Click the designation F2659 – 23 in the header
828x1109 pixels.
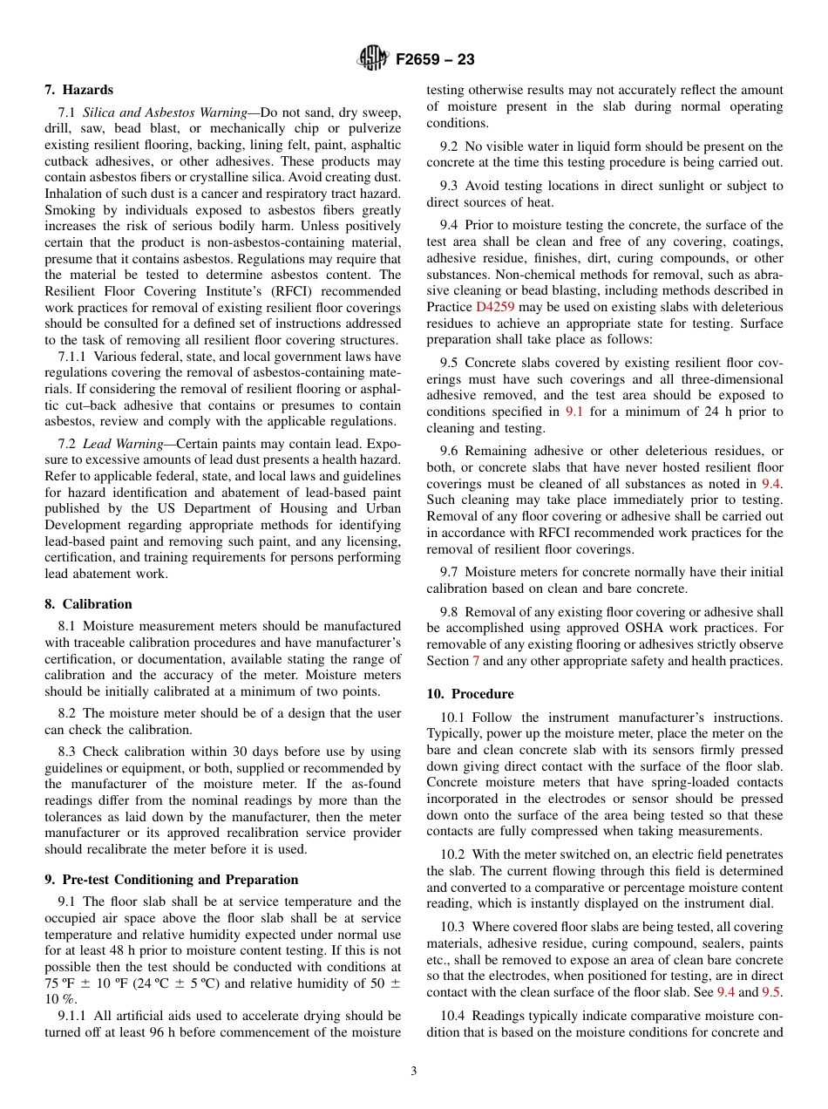[435, 60]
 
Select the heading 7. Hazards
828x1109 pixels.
[78, 90]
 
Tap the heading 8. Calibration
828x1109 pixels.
[88, 604]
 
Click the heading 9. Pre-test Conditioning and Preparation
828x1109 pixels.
[171, 880]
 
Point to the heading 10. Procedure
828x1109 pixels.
[470, 694]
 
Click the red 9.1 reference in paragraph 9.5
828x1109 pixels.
[575, 412]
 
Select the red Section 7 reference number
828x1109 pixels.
[476, 661]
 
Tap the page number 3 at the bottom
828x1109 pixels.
[414, 1072]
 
